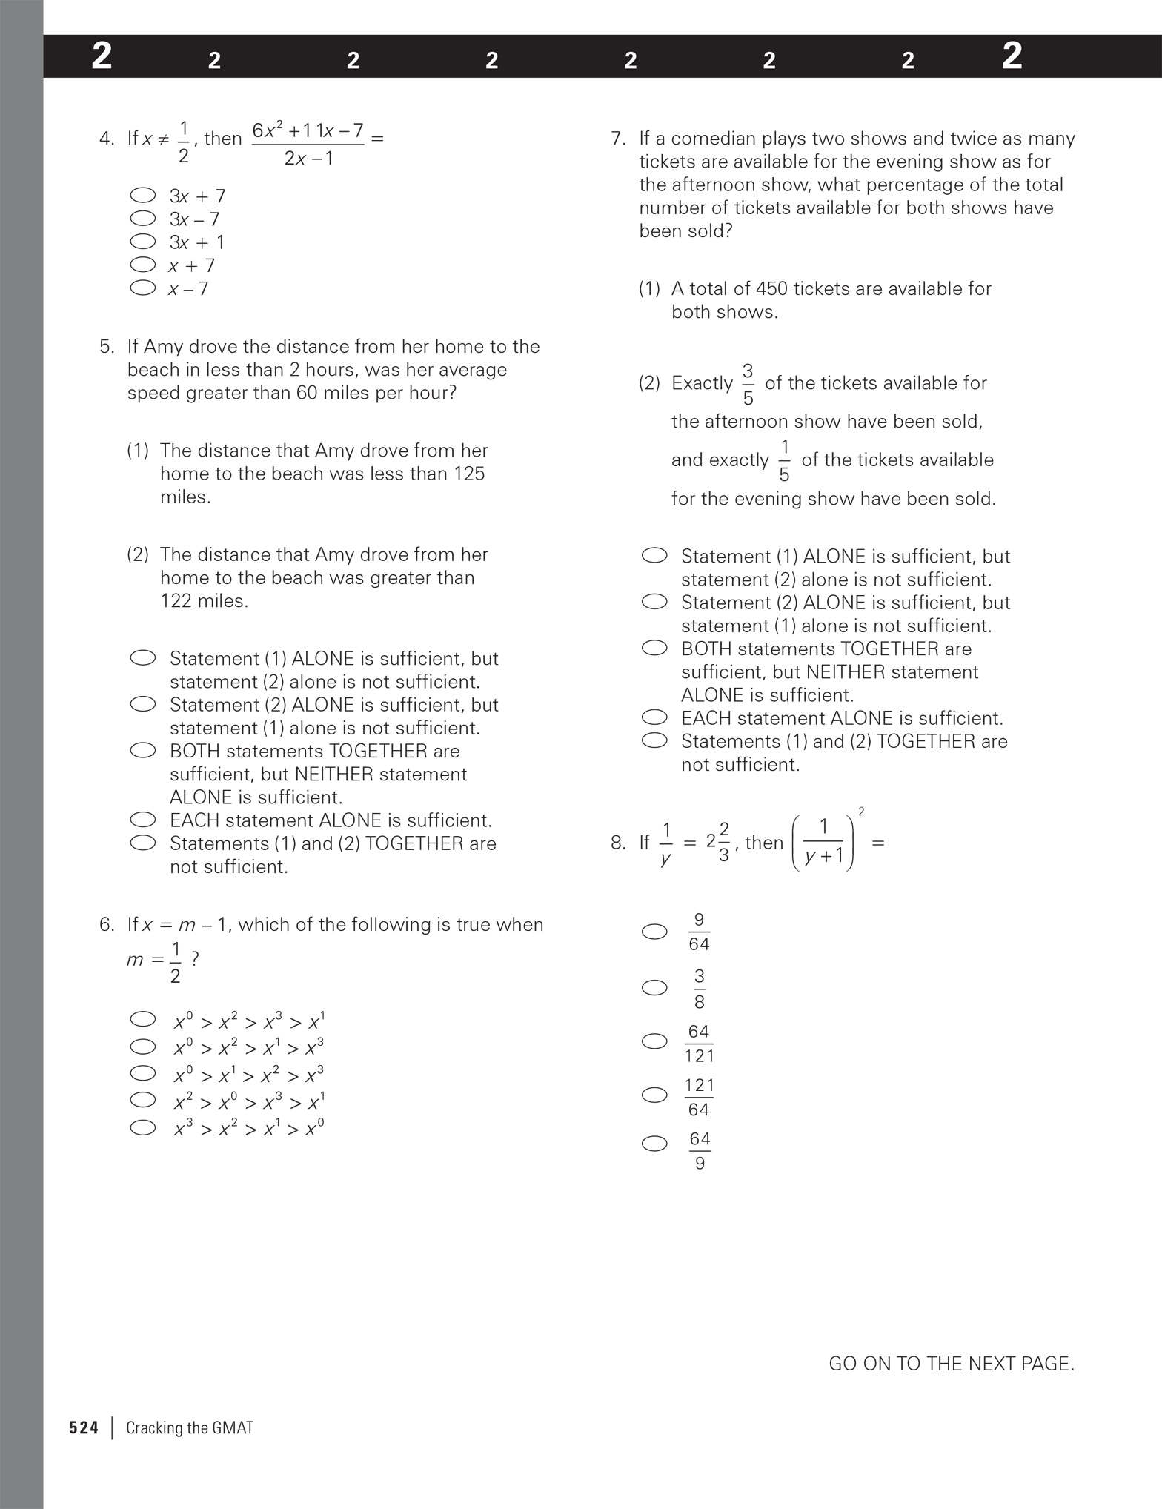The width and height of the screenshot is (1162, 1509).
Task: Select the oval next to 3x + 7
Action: coord(142,196)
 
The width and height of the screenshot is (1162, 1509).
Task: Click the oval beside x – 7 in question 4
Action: coord(142,288)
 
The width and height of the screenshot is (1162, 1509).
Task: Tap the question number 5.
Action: coord(107,347)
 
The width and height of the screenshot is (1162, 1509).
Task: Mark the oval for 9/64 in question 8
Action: coord(654,932)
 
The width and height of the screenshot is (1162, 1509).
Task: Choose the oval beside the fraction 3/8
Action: coord(654,988)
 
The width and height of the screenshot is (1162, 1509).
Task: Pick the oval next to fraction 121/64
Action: coord(654,1095)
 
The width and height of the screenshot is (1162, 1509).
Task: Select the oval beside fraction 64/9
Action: coord(654,1144)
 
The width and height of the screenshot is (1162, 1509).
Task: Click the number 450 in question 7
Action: coord(769,289)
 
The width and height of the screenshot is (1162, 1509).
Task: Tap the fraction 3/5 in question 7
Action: coord(748,384)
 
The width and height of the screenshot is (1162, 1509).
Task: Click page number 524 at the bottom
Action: coord(84,1428)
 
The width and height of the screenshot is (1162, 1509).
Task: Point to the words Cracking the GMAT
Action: coord(190,1428)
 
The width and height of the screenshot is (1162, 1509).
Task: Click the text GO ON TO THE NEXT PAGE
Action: coord(951,1364)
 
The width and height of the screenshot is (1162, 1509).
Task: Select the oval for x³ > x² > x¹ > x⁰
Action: coord(142,1128)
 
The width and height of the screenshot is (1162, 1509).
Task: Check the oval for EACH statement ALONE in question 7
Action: coord(654,717)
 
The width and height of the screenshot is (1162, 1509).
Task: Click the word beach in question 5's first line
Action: coord(150,370)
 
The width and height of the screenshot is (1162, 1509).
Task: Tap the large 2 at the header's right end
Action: coord(1012,56)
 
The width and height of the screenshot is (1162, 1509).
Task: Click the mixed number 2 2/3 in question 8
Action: coord(717,842)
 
